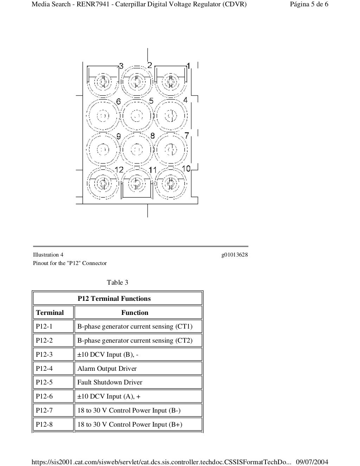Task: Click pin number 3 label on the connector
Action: [x=121, y=66]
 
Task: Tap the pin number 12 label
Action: [x=119, y=170]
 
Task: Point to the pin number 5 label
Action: [x=151, y=101]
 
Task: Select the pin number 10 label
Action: [x=186, y=168]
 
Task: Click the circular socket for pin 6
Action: [x=103, y=116]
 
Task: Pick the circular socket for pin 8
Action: [x=137, y=149]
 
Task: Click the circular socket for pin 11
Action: [x=137, y=183]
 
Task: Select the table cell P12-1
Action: [x=44, y=326]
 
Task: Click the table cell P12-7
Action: [x=44, y=410]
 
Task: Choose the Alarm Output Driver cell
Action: [x=107, y=369]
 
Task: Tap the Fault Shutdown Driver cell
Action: [x=110, y=382]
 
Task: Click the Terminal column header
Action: [x=50, y=312]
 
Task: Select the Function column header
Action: [x=135, y=312]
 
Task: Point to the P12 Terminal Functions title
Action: [x=114, y=299]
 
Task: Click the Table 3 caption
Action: [x=117, y=283]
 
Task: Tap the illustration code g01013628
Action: [x=234, y=255]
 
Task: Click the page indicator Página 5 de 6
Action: [x=309, y=5]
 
